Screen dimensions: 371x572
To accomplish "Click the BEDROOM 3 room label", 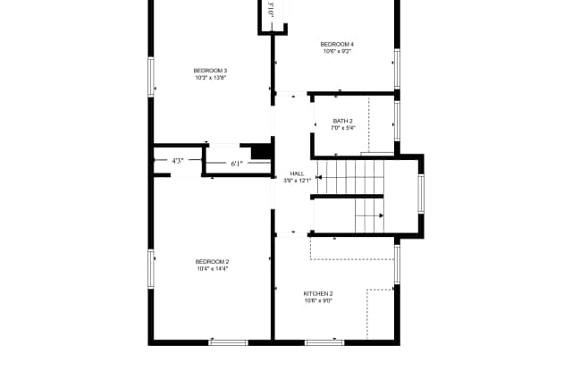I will [210, 71].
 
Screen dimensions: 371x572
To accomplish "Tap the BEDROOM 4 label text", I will [337, 44].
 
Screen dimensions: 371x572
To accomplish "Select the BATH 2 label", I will [342, 121].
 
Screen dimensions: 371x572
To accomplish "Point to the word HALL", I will [297, 173].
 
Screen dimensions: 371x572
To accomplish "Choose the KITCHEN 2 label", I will [318, 293].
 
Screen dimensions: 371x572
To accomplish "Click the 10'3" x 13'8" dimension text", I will [210, 78].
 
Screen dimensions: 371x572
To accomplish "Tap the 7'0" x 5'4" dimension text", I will [342, 128].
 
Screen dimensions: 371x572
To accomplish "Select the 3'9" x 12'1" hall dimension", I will [297, 181].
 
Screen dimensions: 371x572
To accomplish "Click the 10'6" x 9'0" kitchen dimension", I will [318, 300].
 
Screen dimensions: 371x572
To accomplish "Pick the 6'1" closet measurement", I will [237, 164].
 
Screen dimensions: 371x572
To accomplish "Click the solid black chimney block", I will [260, 151].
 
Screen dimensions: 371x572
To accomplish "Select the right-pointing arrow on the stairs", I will [380, 215].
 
